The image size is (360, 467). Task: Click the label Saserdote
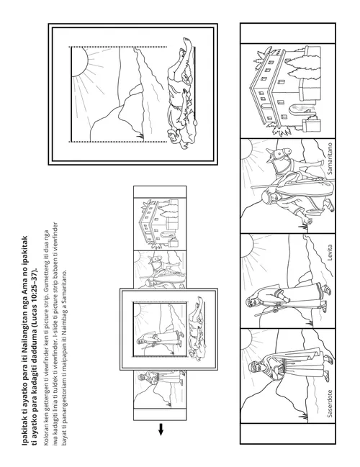(330, 403)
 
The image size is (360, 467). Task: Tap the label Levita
(330, 253)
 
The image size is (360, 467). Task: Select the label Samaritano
(330, 158)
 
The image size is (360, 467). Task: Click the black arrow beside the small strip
(161, 429)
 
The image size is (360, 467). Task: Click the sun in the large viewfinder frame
(79, 62)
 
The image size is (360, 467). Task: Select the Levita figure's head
(251, 304)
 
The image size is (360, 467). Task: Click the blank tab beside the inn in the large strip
(287, 33)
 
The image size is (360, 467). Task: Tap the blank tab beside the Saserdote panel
(287, 433)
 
